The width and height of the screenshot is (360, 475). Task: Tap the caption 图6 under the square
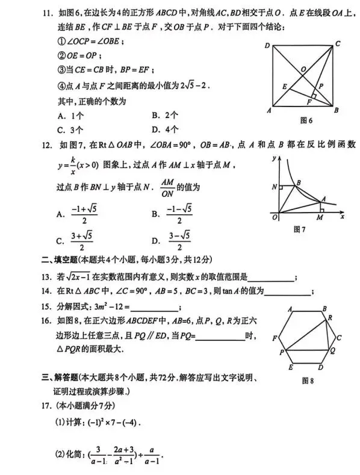tap(305, 120)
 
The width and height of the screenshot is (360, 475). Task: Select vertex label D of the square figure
tap(267, 46)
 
